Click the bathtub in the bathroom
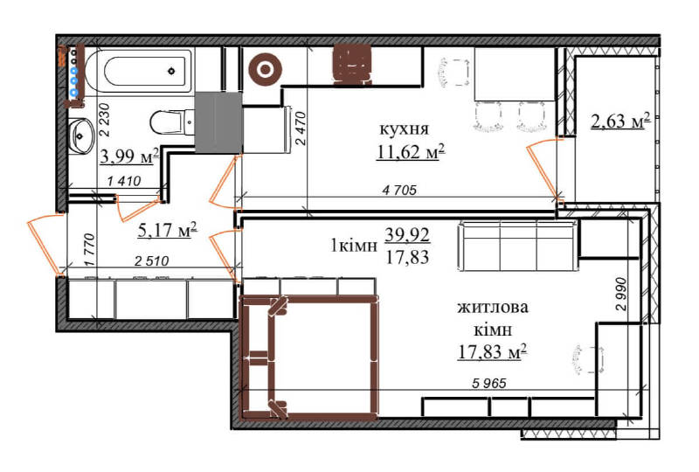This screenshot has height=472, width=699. (139, 71)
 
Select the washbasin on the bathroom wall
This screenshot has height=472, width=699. (81, 135)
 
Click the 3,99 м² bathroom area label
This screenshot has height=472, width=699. (129, 156)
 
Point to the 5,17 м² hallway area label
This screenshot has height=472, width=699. (167, 230)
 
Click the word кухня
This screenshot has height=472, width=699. (405, 129)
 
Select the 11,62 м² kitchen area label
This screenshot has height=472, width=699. (411, 152)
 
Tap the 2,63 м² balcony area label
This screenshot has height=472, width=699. (619, 121)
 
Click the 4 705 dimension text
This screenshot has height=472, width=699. (399, 190)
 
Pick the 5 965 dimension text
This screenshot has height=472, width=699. (489, 383)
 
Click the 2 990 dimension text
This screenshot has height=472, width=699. (620, 294)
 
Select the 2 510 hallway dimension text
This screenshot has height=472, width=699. (151, 261)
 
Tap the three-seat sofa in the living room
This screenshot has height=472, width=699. (519, 246)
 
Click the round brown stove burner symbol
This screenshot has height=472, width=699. (266, 69)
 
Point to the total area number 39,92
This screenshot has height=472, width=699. (407, 234)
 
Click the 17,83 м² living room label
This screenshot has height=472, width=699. (493, 352)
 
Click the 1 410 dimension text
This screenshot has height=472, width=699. (124, 181)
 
